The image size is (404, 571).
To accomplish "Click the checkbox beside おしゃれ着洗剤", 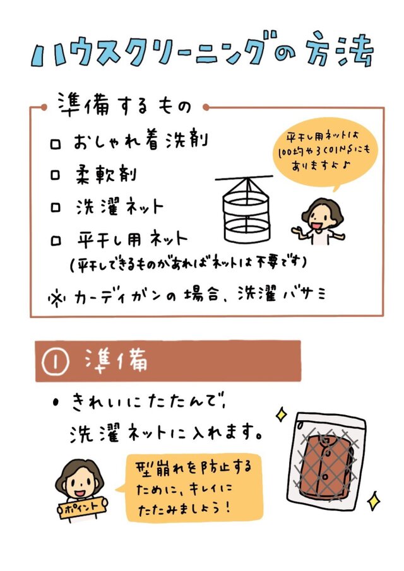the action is (56, 144).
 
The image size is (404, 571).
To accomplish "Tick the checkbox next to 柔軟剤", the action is (55, 175).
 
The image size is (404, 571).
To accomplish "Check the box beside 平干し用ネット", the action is (56, 241).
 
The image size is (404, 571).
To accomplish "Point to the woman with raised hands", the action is (319, 221).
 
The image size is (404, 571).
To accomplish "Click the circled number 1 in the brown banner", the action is (56, 362).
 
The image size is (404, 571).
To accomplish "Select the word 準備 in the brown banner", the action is (116, 360).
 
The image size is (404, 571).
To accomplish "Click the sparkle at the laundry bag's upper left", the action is (281, 414).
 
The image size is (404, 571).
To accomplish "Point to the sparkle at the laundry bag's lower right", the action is (374, 501).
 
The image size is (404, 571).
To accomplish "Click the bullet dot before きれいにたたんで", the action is (56, 403).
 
